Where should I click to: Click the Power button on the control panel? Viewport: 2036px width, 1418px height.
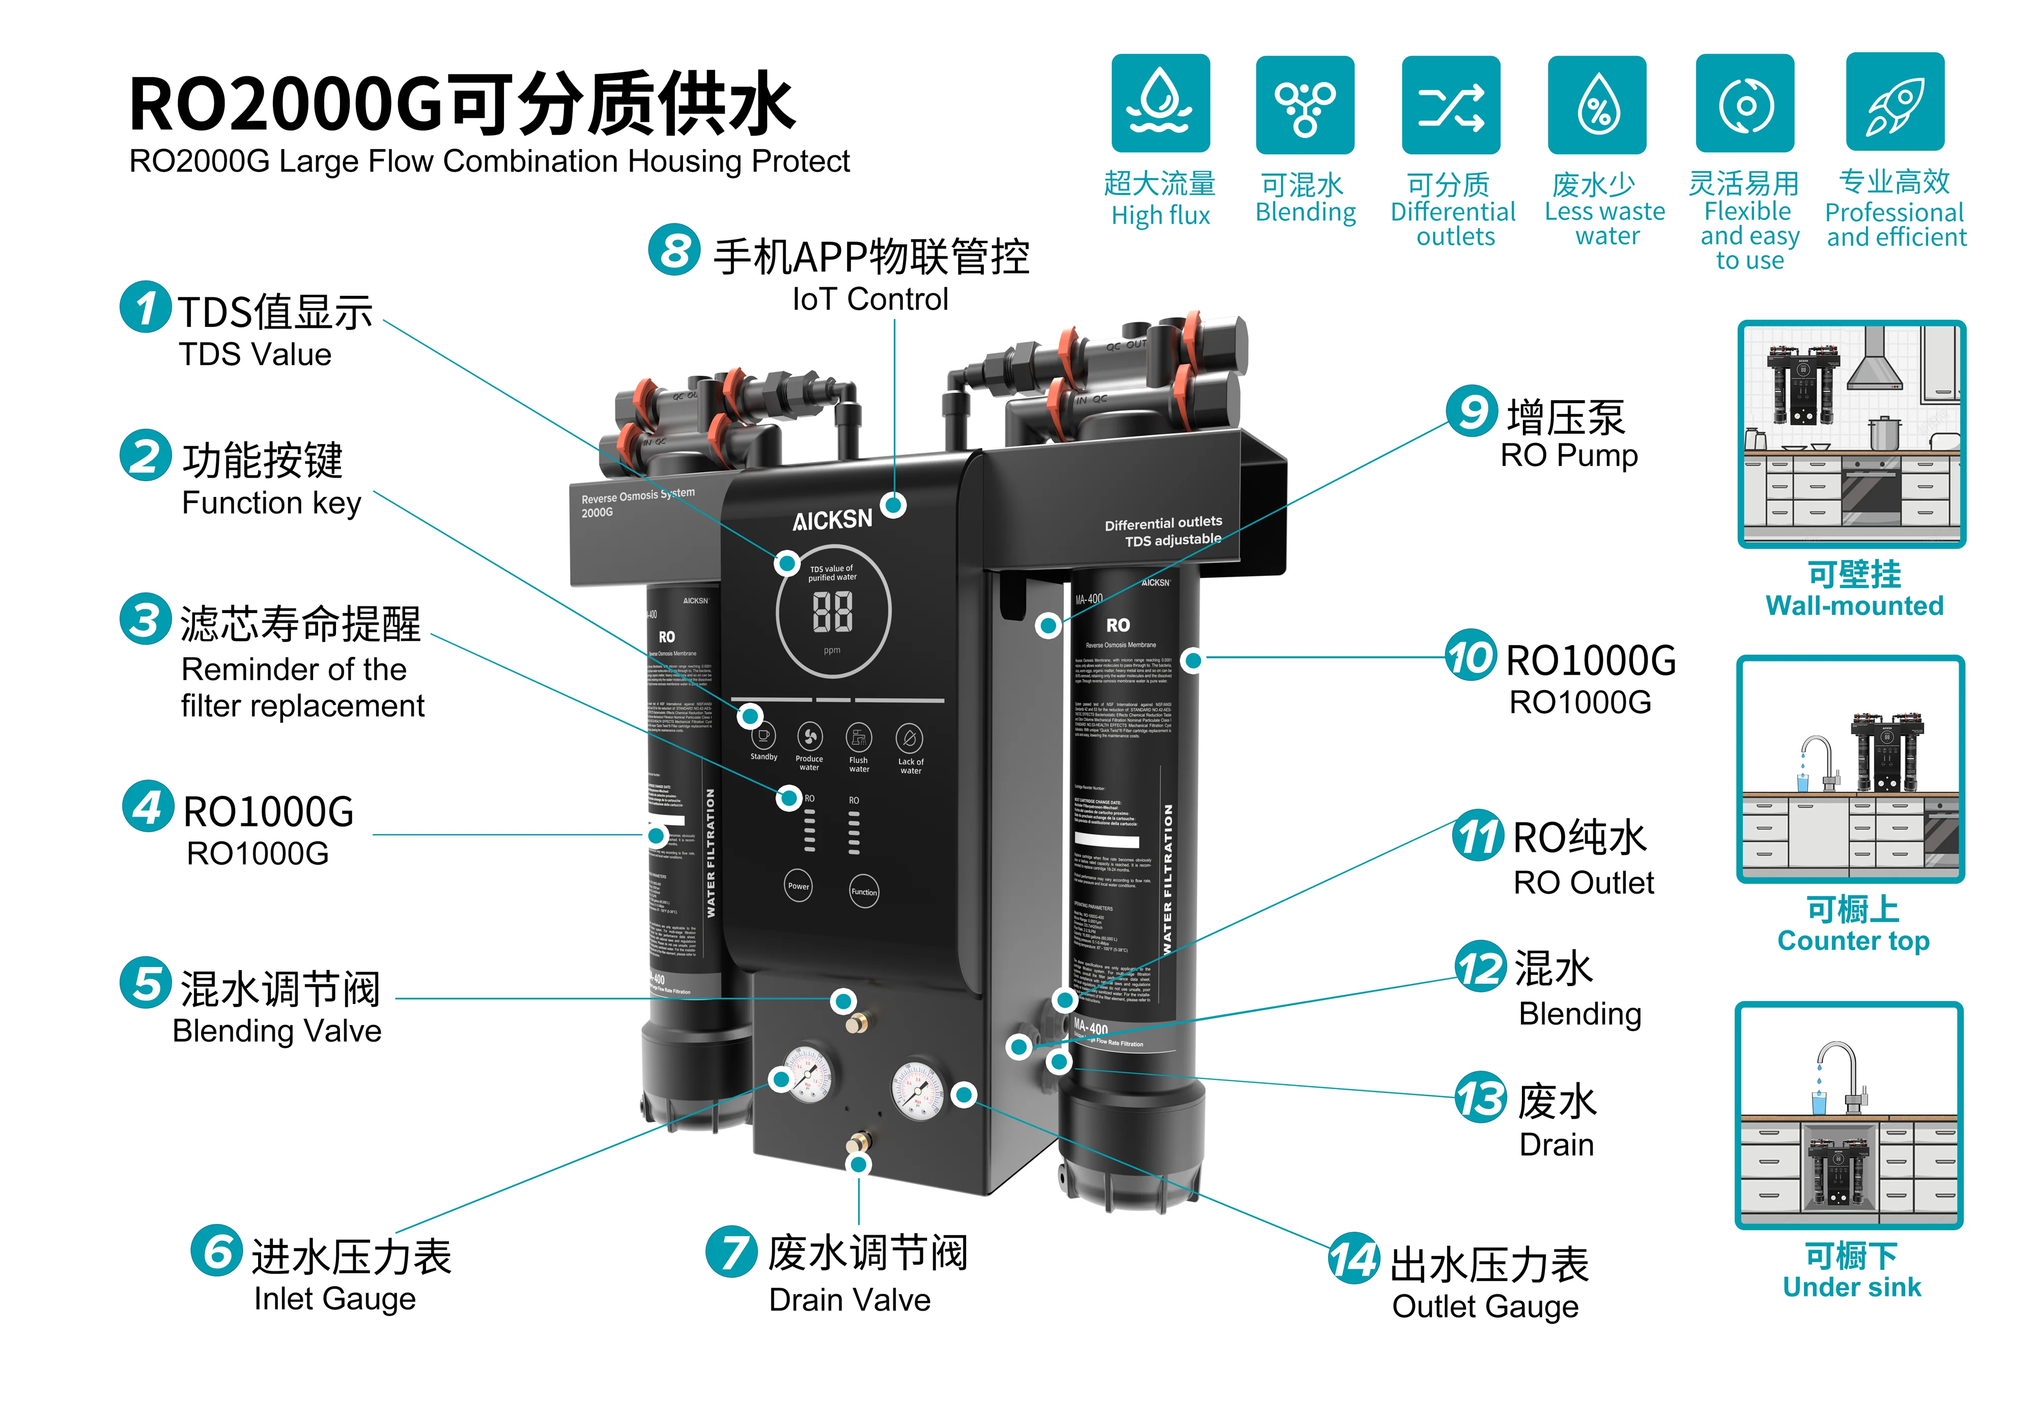pyautogui.click(x=798, y=885)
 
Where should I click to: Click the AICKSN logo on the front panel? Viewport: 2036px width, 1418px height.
pyautogui.click(x=832, y=520)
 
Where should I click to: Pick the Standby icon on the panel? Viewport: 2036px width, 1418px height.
pyautogui.click(x=762, y=736)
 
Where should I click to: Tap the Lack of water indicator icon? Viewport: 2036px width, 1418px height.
pyautogui.click(x=910, y=738)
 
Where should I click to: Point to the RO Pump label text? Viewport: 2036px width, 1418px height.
pyautogui.click(x=1568, y=455)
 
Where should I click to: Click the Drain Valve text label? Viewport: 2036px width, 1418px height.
pyautogui.click(x=850, y=1299)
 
